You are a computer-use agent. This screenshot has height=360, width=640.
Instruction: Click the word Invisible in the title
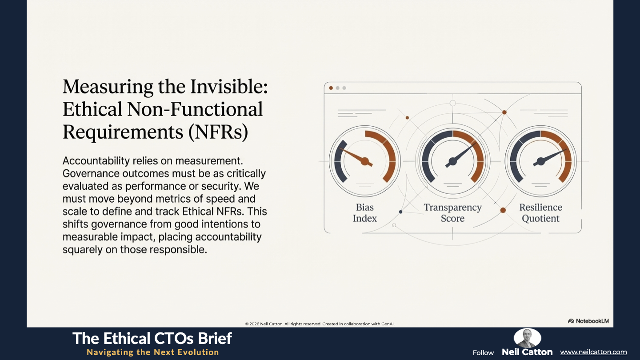(229, 87)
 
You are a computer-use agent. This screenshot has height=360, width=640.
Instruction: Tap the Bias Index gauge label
(365, 213)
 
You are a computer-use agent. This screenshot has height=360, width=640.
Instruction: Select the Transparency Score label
(452, 213)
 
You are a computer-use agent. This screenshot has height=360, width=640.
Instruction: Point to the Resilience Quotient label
(540, 213)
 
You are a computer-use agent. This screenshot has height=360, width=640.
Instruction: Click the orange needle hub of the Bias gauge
(365, 161)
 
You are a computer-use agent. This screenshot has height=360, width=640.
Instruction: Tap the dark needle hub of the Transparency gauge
(452, 162)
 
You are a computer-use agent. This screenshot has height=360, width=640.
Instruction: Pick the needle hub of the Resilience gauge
(540, 162)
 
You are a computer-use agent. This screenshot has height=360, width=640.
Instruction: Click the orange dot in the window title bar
(331, 88)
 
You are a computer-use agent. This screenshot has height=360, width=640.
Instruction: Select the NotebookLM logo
(588, 321)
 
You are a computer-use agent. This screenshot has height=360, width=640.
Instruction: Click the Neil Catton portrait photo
(527, 338)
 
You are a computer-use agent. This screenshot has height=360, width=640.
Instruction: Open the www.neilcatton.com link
(593, 352)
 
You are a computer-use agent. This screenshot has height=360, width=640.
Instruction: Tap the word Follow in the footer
(483, 353)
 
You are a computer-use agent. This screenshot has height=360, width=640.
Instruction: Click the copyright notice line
(320, 324)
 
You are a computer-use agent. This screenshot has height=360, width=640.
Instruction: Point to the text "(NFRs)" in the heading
(218, 132)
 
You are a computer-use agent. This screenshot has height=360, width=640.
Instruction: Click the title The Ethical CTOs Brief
(152, 338)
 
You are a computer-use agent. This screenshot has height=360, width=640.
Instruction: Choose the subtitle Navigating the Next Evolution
(153, 352)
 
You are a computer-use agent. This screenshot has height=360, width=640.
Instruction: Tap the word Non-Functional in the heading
(195, 109)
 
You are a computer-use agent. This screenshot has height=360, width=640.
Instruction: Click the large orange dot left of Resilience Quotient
(503, 210)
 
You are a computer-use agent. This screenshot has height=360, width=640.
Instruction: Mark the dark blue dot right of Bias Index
(400, 212)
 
